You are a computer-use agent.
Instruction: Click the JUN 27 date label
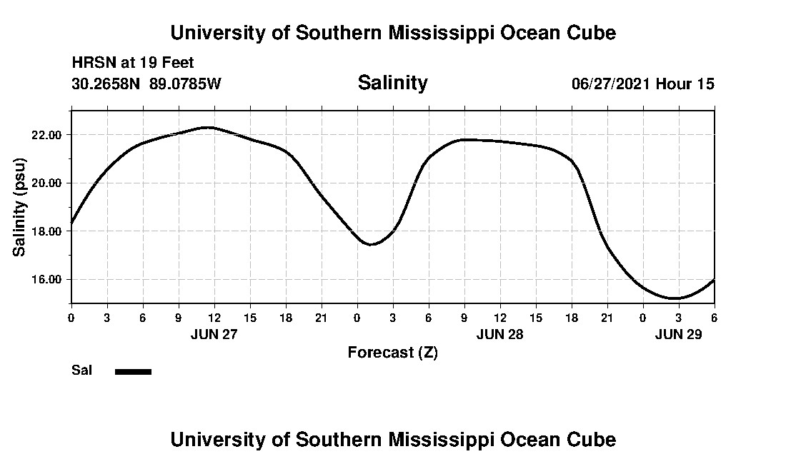click(x=214, y=334)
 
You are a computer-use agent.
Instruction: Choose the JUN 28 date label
click(x=500, y=334)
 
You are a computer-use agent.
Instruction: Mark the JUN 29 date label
click(x=678, y=334)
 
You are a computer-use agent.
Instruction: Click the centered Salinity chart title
click(x=392, y=83)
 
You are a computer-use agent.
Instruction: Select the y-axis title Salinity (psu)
click(x=20, y=206)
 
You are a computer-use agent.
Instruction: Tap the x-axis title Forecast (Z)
click(x=392, y=352)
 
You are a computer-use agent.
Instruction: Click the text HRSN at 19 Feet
click(x=133, y=64)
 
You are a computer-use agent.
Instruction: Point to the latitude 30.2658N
click(x=106, y=84)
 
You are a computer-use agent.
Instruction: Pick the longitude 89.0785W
click(x=185, y=84)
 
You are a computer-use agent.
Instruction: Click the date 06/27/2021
click(x=611, y=84)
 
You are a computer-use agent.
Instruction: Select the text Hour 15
click(x=685, y=84)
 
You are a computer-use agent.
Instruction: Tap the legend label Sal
click(x=81, y=370)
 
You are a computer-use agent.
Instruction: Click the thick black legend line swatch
click(x=133, y=371)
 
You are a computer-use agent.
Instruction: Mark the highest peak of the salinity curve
click(x=207, y=127)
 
